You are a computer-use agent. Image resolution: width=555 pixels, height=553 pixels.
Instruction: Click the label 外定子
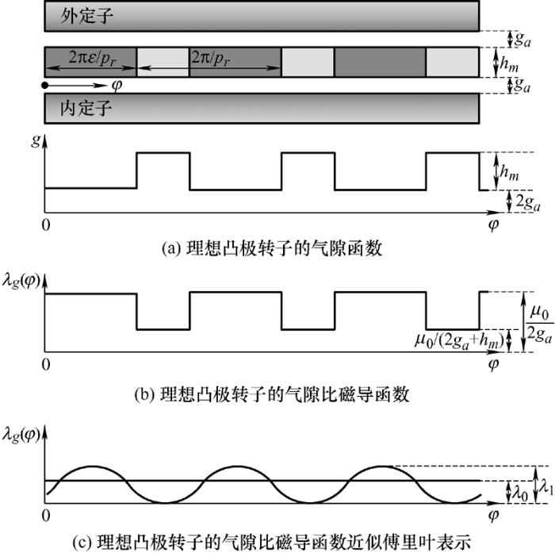tap(86, 16)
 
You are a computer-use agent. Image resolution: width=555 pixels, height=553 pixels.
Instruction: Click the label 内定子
tap(86, 108)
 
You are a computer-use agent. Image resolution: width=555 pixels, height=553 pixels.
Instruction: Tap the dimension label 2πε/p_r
tap(92, 58)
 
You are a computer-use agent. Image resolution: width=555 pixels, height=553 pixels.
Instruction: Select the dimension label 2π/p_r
tap(210, 58)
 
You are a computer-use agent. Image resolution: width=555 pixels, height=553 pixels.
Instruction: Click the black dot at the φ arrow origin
tap(44, 86)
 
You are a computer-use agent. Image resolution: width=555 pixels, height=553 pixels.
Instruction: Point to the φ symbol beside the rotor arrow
tap(117, 86)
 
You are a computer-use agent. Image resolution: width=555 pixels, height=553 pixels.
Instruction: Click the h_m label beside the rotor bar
tap(509, 64)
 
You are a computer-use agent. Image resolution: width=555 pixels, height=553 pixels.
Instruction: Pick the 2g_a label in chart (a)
tap(528, 202)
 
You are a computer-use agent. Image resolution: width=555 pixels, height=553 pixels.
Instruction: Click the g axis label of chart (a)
tap(36, 140)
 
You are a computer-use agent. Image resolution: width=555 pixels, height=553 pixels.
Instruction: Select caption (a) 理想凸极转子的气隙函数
tap(272, 248)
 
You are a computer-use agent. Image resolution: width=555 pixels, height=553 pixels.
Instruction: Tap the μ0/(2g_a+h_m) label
tap(459, 341)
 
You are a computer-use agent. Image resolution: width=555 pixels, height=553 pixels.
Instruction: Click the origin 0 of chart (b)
tap(46, 364)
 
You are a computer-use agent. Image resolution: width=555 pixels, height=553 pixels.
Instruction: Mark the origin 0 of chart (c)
tap(46, 515)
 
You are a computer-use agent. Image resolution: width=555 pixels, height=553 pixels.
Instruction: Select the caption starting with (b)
tap(272, 394)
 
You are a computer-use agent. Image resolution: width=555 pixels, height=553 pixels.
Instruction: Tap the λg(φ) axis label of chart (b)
tap(21, 282)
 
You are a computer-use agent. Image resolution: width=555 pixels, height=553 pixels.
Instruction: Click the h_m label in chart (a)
tap(509, 172)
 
